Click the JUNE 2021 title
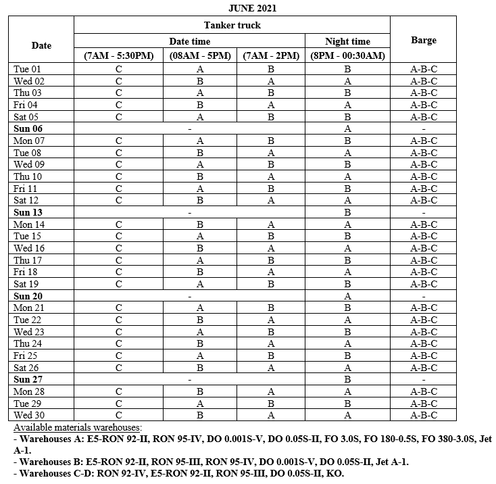tap(251, 8)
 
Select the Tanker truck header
tap(232, 25)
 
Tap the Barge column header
tap(423, 41)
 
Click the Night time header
tap(347, 41)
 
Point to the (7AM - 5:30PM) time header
tap(118, 56)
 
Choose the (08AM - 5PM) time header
tap(200, 56)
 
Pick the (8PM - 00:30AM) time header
tap(347, 56)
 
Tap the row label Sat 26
tap(27, 368)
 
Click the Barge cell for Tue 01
tap(423, 69)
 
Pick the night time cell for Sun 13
tap(347, 212)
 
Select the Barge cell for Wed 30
tap(423, 415)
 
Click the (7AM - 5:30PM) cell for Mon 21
tap(118, 308)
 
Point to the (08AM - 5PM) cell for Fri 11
tap(200, 189)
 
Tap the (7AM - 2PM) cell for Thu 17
tap(270, 260)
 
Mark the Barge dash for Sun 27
tap(423, 380)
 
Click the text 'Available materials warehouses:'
tap(78, 428)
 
